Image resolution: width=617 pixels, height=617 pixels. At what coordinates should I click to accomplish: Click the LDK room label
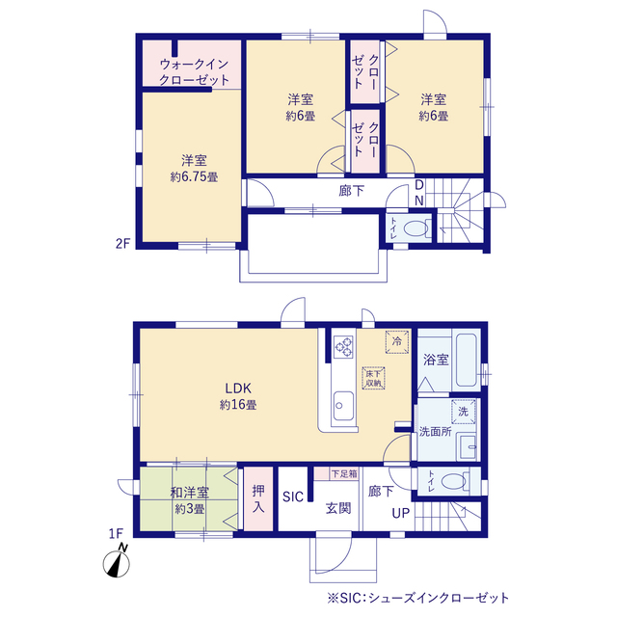(x=238, y=389)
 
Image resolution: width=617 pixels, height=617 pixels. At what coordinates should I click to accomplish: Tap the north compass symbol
(x=117, y=561)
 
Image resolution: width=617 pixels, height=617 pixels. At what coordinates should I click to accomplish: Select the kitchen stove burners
(x=343, y=347)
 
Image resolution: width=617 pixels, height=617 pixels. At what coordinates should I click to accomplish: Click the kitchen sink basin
(x=343, y=406)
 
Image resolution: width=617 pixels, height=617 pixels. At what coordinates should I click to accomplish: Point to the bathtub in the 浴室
(x=467, y=360)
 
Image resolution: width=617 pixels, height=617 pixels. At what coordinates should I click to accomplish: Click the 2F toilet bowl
(x=416, y=228)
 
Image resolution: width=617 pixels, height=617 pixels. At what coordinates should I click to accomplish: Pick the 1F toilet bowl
(x=454, y=481)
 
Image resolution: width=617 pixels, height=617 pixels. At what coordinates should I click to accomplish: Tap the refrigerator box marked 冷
(x=397, y=341)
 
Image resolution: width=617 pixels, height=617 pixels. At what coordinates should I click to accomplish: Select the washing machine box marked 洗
(x=463, y=412)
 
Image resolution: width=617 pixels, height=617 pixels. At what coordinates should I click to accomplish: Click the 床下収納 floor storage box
(x=373, y=378)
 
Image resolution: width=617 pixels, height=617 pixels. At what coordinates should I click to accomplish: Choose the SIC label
(x=293, y=496)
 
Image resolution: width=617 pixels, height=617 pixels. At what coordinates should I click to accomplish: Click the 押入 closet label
(x=258, y=498)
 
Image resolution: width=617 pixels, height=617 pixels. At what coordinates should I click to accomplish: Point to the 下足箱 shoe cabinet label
(x=344, y=473)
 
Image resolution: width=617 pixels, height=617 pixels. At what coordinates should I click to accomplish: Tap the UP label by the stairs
(x=401, y=513)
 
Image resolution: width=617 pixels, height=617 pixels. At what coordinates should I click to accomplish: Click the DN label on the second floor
(x=419, y=193)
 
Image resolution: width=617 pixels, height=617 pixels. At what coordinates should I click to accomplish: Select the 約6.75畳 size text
(x=194, y=177)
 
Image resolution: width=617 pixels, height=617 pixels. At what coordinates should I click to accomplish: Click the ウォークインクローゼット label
(x=194, y=72)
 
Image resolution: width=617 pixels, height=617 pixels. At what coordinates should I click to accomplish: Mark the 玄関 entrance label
(x=338, y=508)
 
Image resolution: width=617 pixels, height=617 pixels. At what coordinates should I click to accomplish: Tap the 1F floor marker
(x=116, y=533)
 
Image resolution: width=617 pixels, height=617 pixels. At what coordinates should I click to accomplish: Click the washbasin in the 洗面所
(x=467, y=447)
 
